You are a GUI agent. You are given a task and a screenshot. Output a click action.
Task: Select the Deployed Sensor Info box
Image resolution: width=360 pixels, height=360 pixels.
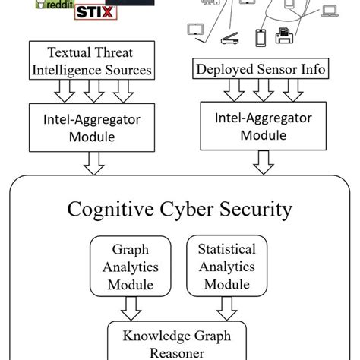pos(261,70)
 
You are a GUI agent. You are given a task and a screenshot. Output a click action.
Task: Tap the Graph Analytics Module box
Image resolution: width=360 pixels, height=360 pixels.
pos(130,267)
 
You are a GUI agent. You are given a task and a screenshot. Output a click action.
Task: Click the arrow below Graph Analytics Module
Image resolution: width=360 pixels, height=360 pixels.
pos(130,307)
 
